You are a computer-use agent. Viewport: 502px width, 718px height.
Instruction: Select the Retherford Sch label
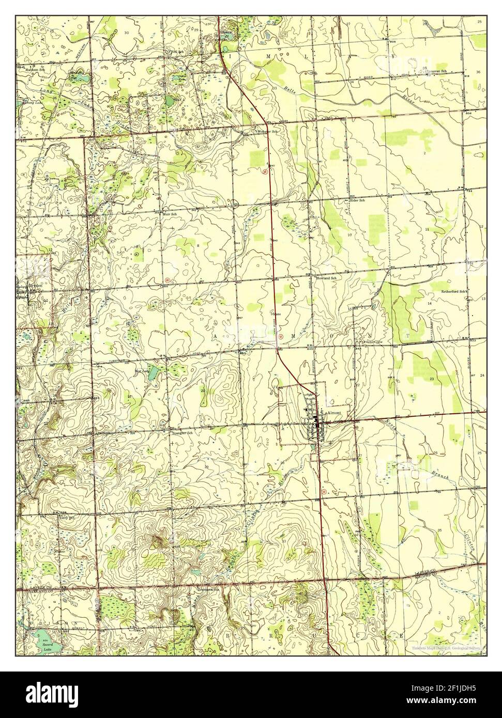pos(454,291)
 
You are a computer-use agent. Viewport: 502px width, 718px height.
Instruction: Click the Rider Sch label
pos(358,200)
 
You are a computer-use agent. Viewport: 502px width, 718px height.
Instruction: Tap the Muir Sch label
pos(170,213)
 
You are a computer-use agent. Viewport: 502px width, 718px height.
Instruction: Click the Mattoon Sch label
pos(33,68)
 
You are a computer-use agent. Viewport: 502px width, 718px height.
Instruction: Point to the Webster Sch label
pos(269,131)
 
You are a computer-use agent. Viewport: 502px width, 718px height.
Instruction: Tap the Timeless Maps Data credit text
pos(446,648)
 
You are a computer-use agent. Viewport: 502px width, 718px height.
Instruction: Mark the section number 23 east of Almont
pos(432,379)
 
